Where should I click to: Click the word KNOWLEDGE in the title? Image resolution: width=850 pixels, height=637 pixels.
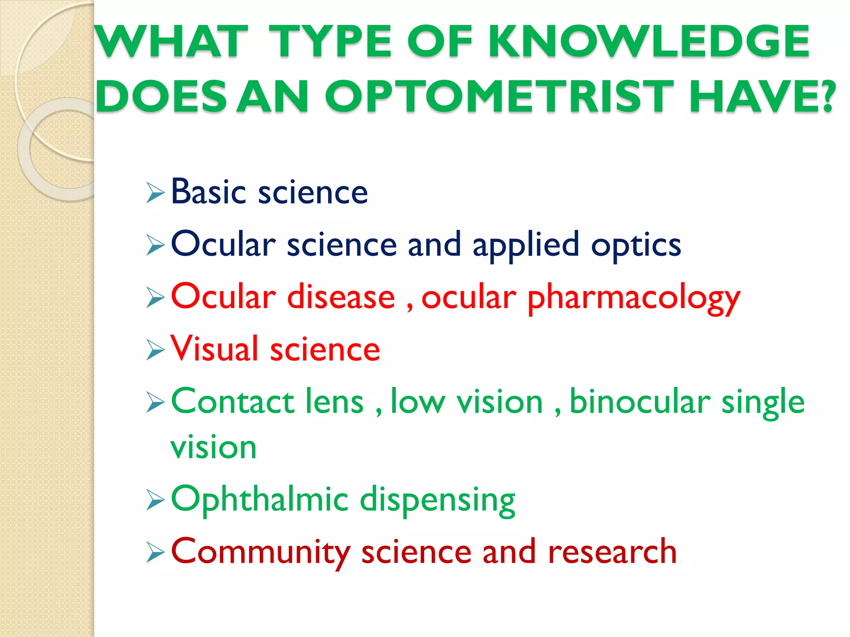click(649, 41)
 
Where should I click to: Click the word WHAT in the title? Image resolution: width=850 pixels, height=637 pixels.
click(172, 41)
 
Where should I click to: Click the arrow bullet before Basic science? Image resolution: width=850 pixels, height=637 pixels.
click(155, 193)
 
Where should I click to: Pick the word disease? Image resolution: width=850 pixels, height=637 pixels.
click(341, 297)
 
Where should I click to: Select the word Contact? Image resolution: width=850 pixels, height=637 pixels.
click(232, 401)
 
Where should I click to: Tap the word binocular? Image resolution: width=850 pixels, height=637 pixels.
click(640, 401)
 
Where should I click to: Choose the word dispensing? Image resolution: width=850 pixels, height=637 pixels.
click(437, 501)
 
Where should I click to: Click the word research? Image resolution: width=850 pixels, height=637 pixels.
click(612, 552)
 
